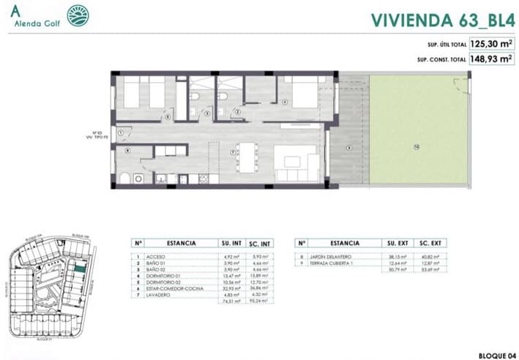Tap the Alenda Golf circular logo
(x=77, y=15)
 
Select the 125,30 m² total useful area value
(x=490, y=44)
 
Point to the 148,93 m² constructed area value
(x=490, y=59)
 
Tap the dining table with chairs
(x=249, y=154)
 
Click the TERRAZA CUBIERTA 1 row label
(x=336, y=264)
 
